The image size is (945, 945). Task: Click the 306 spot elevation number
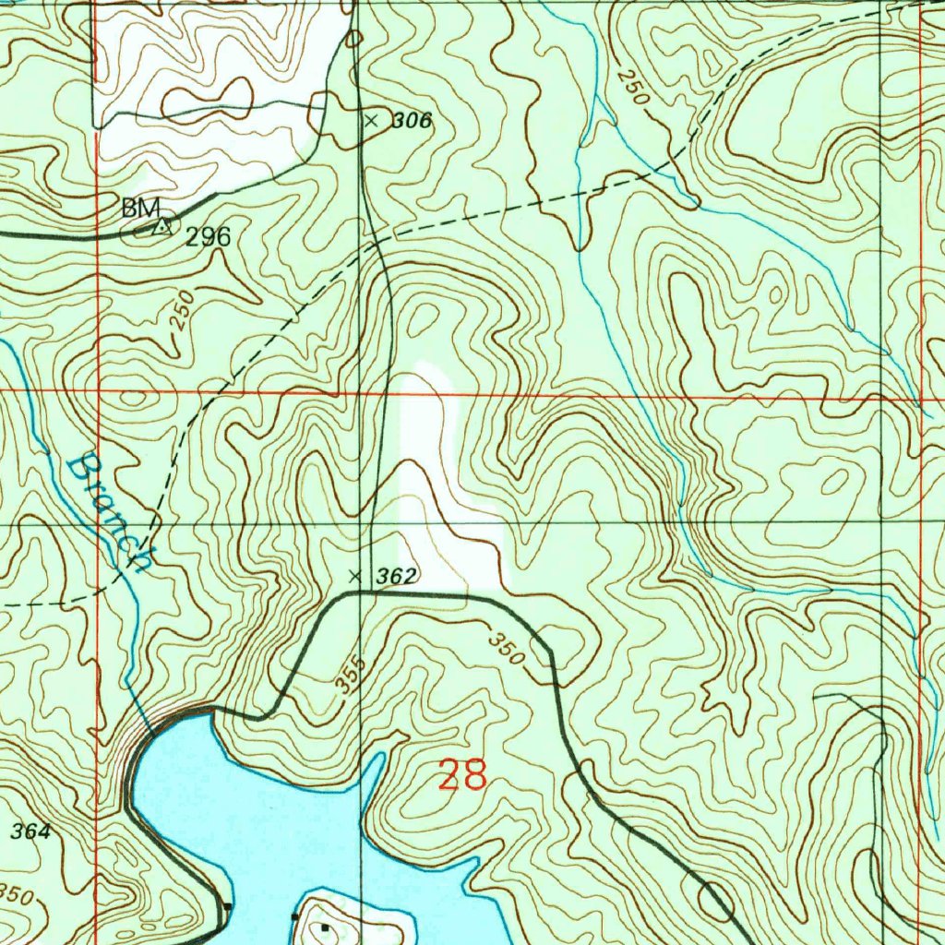pyautogui.click(x=412, y=120)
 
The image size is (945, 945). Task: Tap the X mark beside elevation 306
pyautogui.click(x=372, y=120)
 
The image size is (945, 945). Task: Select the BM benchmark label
pyautogui.click(x=141, y=207)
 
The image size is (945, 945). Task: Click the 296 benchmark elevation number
pyautogui.click(x=208, y=237)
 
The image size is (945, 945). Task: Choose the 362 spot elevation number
pyautogui.click(x=397, y=576)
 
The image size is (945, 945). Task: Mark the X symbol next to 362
pyautogui.click(x=354, y=576)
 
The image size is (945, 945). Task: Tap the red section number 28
pyautogui.click(x=462, y=775)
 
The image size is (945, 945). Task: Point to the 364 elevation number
pyautogui.click(x=30, y=831)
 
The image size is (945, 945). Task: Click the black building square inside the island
pyautogui.click(x=324, y=927)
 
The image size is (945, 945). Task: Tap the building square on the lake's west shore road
pyautogui.click(x=228, y=906)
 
